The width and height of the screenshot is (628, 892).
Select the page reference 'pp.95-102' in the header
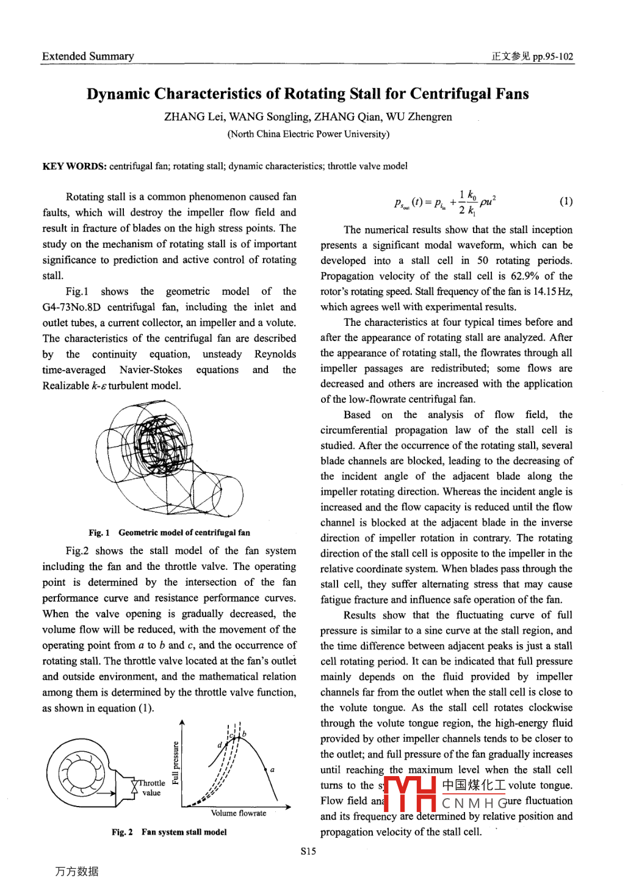[x=553, y=57]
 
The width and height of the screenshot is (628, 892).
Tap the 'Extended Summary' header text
[x=88, y=56]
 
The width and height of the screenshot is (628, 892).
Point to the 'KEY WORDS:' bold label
[x=74, y=166]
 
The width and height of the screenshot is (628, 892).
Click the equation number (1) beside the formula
[x=566, y=201]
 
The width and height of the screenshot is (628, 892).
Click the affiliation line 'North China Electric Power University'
[x=308, y=134]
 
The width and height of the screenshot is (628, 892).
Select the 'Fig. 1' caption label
[x=99, y=533]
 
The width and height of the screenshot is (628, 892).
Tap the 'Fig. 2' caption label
[x=122, y=832]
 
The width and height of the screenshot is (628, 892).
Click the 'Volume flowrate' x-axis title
[x=238, y=813]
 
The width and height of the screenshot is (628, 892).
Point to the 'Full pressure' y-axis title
[x=176, y=763]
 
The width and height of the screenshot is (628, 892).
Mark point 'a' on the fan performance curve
[x=272, y=770]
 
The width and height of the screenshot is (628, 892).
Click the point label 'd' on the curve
[x=220, y=745]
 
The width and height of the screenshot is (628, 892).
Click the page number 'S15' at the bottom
[x=308, y=851]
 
